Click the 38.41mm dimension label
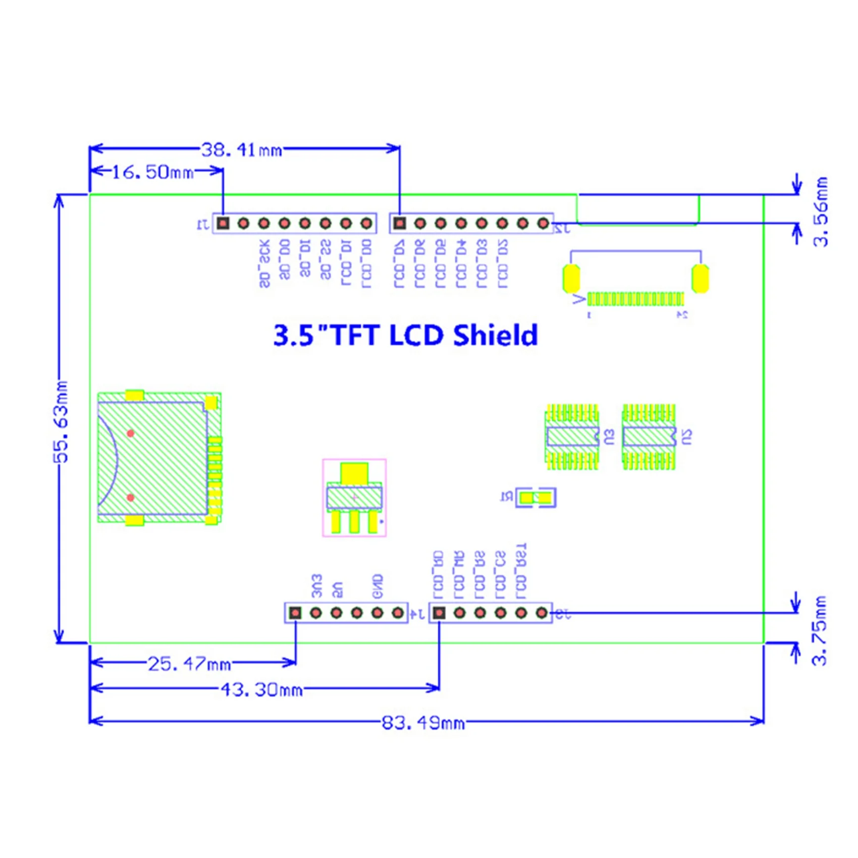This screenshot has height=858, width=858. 241,150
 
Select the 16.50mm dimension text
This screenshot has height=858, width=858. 152,172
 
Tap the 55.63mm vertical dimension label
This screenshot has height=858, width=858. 61,422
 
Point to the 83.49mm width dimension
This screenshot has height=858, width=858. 423,723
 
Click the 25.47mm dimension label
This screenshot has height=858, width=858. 189,664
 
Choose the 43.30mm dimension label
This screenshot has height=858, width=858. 261,689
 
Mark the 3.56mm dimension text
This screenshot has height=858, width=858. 821,211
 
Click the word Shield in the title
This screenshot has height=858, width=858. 495,335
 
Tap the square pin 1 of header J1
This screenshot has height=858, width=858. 223,223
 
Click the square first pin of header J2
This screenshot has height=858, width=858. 400,223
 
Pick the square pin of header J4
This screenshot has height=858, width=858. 295,613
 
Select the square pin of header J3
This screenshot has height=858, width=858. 439,613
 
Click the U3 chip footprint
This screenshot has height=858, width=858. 572,437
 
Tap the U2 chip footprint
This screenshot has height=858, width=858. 649,437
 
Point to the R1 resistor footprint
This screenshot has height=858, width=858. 535,498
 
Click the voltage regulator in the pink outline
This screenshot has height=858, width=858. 354,498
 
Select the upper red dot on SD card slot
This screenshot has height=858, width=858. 131,433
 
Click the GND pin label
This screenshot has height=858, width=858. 377,586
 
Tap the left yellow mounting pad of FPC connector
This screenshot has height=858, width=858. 571,278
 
